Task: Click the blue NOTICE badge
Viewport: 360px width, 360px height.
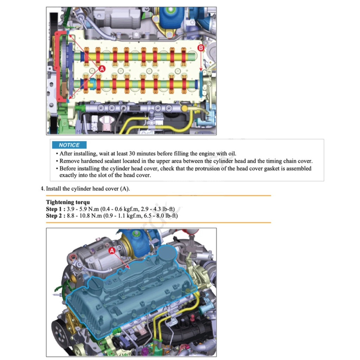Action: pyautogui.click(x=69, y=145)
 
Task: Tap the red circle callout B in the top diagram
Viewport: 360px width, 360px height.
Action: pyautogui.click(x=201, y=48)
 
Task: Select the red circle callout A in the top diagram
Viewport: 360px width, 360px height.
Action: pyautogui.click(x=101, y=69)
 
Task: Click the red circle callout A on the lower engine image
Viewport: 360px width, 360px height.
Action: pyautogui.click(x=112, y=250)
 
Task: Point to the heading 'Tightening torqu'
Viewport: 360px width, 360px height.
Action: pyautogui.click(x=68, y=202)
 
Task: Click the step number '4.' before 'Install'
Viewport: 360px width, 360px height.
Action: pyautogui.click(x=43, y=189)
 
